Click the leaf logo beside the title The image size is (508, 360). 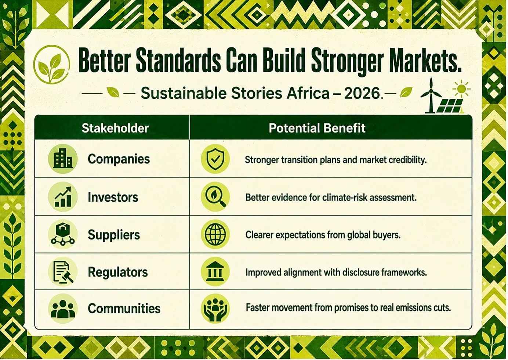52,64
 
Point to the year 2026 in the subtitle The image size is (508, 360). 362,93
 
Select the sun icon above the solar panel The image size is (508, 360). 461,89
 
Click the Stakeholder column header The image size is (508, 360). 115,128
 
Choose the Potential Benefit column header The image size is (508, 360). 317,128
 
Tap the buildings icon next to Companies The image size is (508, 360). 63,159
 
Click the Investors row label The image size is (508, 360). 113,197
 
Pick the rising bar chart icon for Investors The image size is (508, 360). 63,197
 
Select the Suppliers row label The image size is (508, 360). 114,235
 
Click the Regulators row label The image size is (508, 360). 118,272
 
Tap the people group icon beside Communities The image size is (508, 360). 63,309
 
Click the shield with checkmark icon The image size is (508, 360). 215,159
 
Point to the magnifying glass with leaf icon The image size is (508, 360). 215,197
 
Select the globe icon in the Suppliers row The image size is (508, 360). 215,234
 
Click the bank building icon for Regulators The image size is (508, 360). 215,271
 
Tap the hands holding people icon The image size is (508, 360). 215,309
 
